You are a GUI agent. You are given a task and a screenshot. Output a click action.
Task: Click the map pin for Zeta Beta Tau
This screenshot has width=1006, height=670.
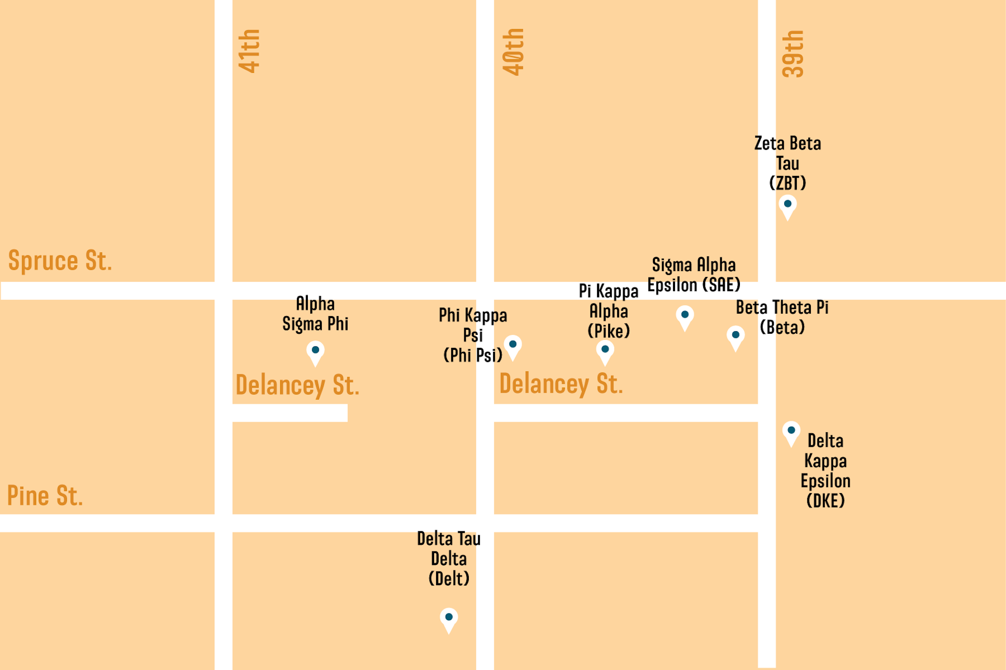(788, 206)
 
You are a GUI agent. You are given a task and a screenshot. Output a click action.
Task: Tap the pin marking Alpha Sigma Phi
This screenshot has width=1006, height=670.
(315, 352)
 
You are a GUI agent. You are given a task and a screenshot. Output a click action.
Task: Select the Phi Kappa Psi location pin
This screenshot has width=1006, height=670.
(513, 346)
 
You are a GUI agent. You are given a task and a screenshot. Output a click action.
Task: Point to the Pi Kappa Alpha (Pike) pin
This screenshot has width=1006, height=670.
(605, 351)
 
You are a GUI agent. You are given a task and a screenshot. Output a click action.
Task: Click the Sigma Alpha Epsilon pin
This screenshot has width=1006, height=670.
(685, 316)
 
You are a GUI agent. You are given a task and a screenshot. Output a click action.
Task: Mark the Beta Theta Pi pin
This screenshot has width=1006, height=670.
(735, 336)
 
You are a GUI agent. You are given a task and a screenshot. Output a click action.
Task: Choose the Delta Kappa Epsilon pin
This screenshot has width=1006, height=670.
(791, 432)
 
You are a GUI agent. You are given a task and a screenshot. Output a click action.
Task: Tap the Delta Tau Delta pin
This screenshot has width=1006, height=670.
(449, 619)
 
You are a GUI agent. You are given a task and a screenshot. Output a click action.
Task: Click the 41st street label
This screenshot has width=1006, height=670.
(249, 51)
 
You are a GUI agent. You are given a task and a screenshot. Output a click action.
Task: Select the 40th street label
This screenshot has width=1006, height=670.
(514, 52)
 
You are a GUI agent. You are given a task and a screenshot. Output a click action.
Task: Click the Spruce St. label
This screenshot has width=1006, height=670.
(60, 261)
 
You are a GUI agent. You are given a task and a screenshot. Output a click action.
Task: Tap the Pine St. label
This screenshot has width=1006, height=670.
(45, 496)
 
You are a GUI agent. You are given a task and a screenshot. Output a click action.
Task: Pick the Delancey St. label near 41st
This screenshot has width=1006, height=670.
(297, 386)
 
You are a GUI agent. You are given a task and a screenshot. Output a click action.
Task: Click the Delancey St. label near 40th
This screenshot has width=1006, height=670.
(561, 385)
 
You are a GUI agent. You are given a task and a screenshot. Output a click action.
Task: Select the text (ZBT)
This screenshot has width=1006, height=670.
(788, 183)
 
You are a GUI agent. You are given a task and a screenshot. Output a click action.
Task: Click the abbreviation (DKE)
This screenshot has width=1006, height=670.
(825, 501)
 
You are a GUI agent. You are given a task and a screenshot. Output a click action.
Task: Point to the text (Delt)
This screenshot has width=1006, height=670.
(449, 579)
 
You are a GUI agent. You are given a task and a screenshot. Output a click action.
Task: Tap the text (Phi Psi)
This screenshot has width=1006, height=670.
(472, 355)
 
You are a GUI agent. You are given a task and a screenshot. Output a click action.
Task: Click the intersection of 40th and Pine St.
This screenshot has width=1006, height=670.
(485, 523)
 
